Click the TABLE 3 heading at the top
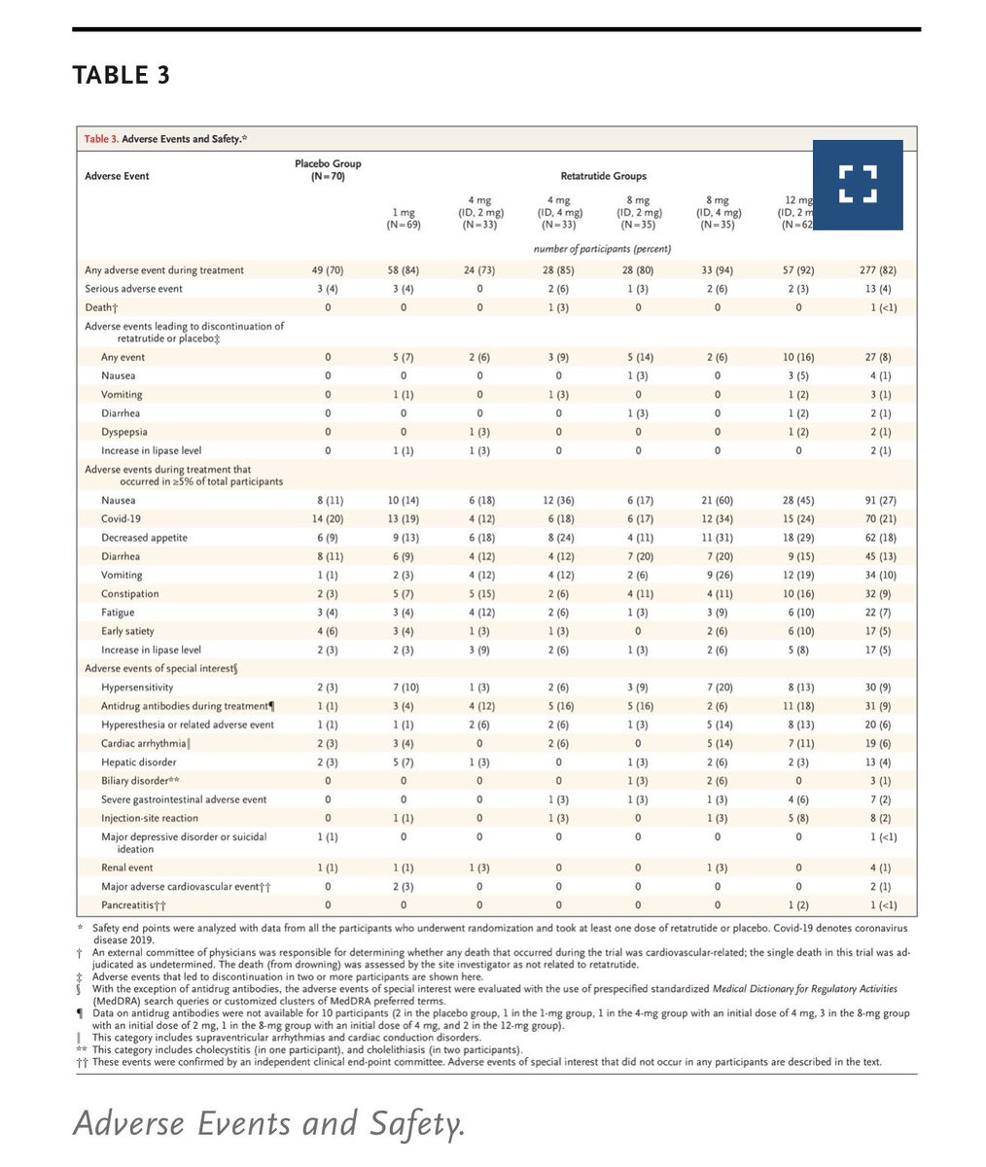tap(121, 75)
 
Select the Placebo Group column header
tap(328, 169)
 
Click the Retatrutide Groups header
tap(603, 176)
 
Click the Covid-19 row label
tap(122, 519)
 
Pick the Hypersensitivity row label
tap(138, 688)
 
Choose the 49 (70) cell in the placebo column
tap(328, 270)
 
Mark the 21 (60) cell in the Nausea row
tap(718, 501)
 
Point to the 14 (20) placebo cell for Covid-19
tap(328, 519)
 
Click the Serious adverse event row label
tap(133, 289)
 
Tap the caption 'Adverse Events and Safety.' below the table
tap(268, 1124)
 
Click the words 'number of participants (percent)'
tap(602, 249)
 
